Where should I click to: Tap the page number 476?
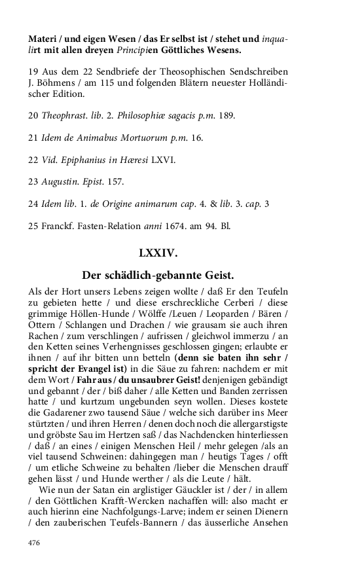coord(34,542)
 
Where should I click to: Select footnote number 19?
coord(33,71)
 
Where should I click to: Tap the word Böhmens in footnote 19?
coord(52,82)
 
